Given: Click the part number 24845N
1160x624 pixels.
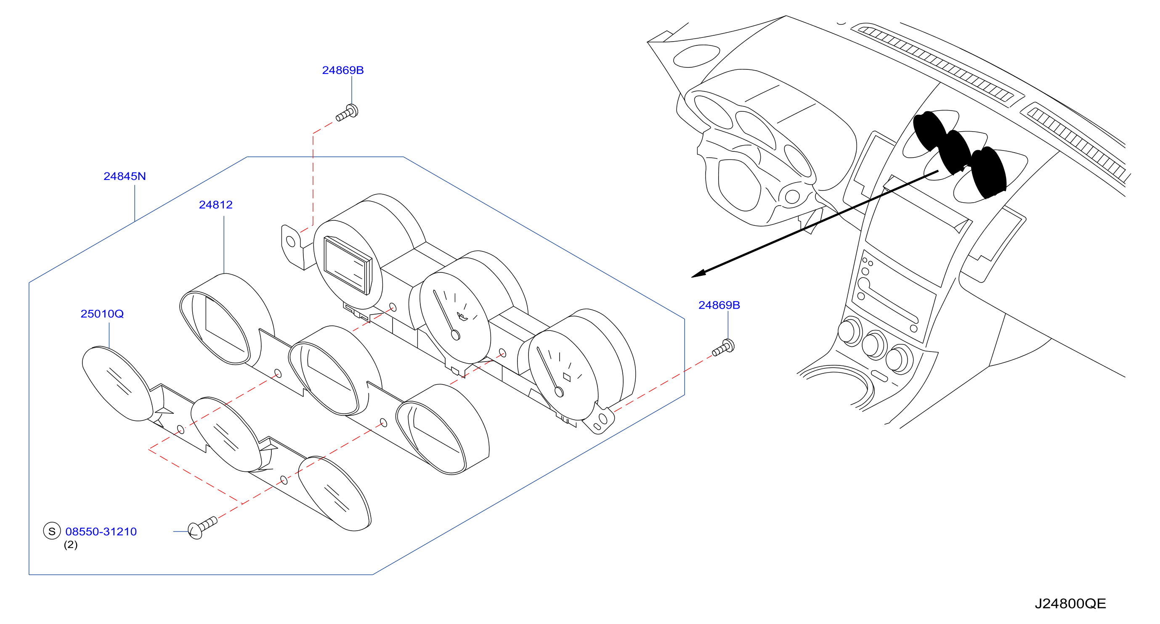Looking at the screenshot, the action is [x=125, y=176].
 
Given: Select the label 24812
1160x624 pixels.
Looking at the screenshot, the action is [x=216, y=205].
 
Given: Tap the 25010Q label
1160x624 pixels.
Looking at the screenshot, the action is [x=102, y=314].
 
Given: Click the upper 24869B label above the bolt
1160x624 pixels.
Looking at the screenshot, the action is [x=342, y=70].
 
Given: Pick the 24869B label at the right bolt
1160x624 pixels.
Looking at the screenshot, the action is [x=719, y=305].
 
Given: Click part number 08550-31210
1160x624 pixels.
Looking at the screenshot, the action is [x=101, y=531].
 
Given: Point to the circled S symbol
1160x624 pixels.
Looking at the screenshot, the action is [x=52, y=531].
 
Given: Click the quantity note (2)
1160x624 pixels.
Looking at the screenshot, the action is [x=71, y=545].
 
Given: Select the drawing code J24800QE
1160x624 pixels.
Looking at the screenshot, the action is [x=1070, y=603].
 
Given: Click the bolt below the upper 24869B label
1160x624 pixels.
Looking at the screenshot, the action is [x=347, y=113].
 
